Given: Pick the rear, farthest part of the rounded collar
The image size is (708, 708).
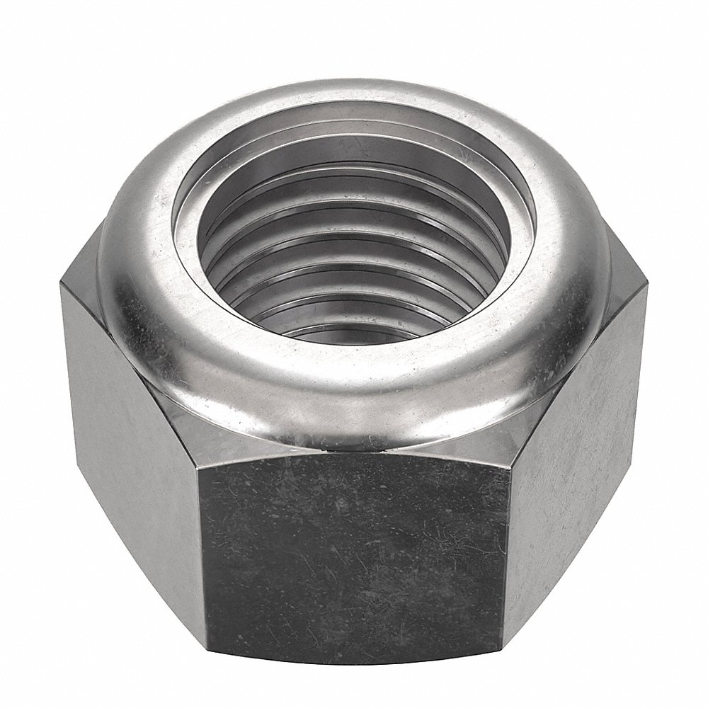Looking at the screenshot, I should pos(354,78).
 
